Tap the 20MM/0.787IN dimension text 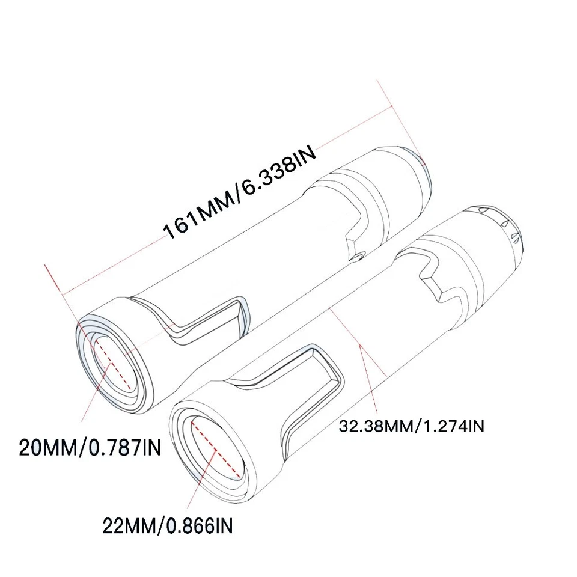pos(90,448)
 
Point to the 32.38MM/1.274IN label pos(412,426)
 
